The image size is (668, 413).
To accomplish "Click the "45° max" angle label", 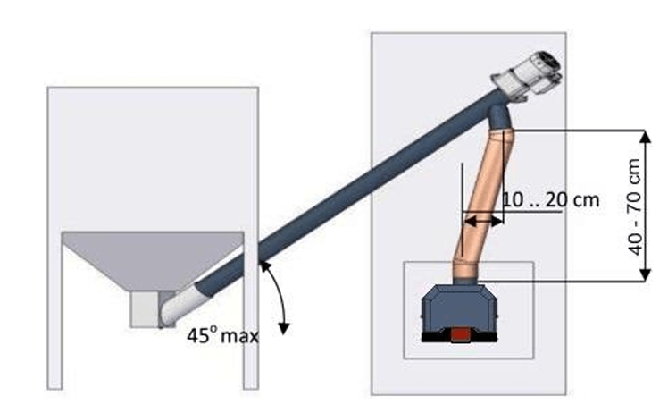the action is point(222,336).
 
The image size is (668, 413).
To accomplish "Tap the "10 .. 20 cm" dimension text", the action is point(551,199).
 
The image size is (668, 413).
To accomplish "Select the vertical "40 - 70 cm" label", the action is point(635,206).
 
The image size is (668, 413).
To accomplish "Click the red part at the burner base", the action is point(461,334).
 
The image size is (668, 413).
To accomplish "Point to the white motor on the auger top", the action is point(529,74).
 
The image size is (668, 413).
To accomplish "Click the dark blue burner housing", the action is point(459,308).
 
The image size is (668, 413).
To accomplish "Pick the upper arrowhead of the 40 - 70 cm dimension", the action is point(646,137).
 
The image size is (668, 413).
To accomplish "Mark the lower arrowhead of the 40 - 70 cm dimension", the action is point(646,274).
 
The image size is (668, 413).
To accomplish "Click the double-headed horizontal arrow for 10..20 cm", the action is point(482,221).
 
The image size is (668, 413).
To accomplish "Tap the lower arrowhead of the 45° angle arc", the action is point(284,328).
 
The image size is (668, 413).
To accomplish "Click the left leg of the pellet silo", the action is point(54,311).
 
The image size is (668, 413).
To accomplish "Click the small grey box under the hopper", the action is point(145,309).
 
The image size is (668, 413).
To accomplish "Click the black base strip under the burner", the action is point(459,337).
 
